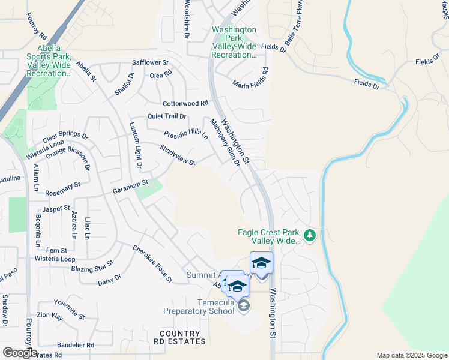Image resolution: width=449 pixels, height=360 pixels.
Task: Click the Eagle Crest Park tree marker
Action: (x=310, y=235)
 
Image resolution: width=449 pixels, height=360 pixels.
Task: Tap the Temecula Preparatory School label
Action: (x=199, y=306)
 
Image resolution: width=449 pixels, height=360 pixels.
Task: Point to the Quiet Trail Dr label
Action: (x=167, y=116)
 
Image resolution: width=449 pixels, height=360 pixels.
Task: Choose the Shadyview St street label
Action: (x=178, y=155)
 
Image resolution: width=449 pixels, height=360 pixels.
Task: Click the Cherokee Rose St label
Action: (x=152, y=264)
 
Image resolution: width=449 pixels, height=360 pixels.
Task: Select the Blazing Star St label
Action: (x=92, y=265)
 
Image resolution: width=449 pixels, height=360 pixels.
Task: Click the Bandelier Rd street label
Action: (x=76, y=345)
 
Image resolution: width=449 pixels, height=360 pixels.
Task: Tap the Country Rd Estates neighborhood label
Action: (x=179, y=337)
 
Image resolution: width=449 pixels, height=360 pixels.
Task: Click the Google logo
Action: (x=19, y=352)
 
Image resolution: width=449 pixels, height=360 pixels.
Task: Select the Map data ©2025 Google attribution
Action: (x=412, y=355)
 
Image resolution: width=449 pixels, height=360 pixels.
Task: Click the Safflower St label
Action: (x=151, y=62)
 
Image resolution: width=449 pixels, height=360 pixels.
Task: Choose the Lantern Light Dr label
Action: (x=136, y=145)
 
